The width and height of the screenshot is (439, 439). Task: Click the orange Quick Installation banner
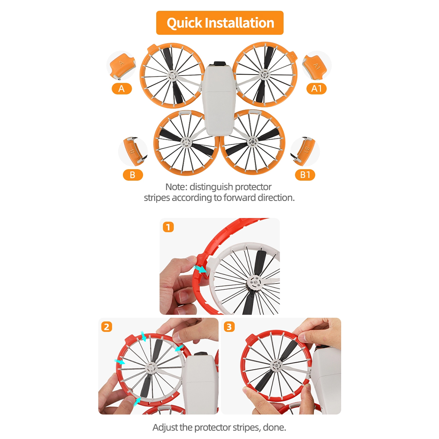tap(220, 23)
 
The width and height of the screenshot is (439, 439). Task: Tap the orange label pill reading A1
tap(317, 89)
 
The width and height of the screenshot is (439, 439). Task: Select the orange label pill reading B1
tap(305, 175)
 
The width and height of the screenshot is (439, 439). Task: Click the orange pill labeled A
tap(122, 89)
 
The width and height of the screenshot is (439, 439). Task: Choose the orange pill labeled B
tap(133, 175)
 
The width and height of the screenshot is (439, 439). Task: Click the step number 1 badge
tap(168, 227)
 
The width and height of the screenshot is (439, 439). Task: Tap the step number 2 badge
tap(107, 327)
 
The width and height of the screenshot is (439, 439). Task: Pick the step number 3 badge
tap(229, 327)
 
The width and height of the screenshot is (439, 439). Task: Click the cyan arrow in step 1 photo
tap(200, 270)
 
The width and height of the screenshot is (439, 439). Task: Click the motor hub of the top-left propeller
tap(172, 76)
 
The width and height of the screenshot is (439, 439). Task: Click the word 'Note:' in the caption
tap(176, 187)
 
